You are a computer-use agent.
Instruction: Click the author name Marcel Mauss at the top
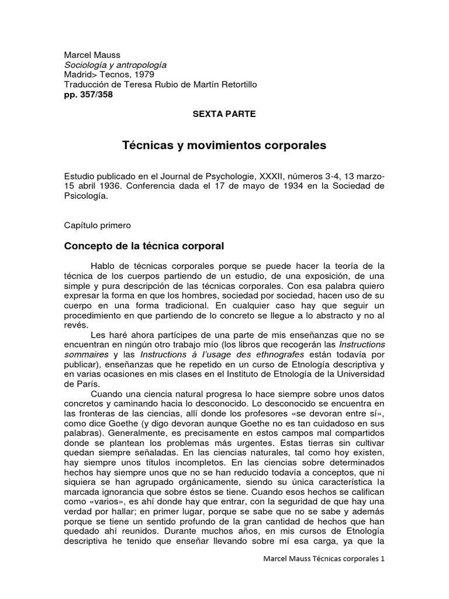point(92,55)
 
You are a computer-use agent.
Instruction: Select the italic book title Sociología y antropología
point(115,65)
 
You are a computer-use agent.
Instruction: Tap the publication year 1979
point(141,75)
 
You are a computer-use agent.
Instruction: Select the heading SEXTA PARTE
point(224,114)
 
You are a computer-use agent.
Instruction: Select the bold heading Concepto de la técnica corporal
point(144,246)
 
